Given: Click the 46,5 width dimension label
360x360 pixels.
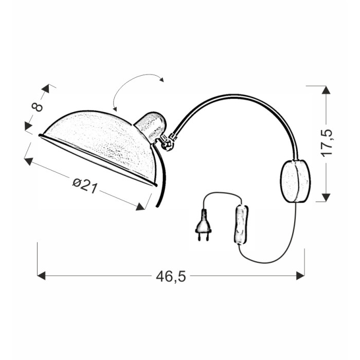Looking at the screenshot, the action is (171, 277).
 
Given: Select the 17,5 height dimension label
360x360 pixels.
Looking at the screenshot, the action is (327, 143).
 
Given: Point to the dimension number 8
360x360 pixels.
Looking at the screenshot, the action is (37, 106).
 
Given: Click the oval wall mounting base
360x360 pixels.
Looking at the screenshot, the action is (295, 181).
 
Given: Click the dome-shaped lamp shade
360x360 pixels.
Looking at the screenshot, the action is (99, 147).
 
